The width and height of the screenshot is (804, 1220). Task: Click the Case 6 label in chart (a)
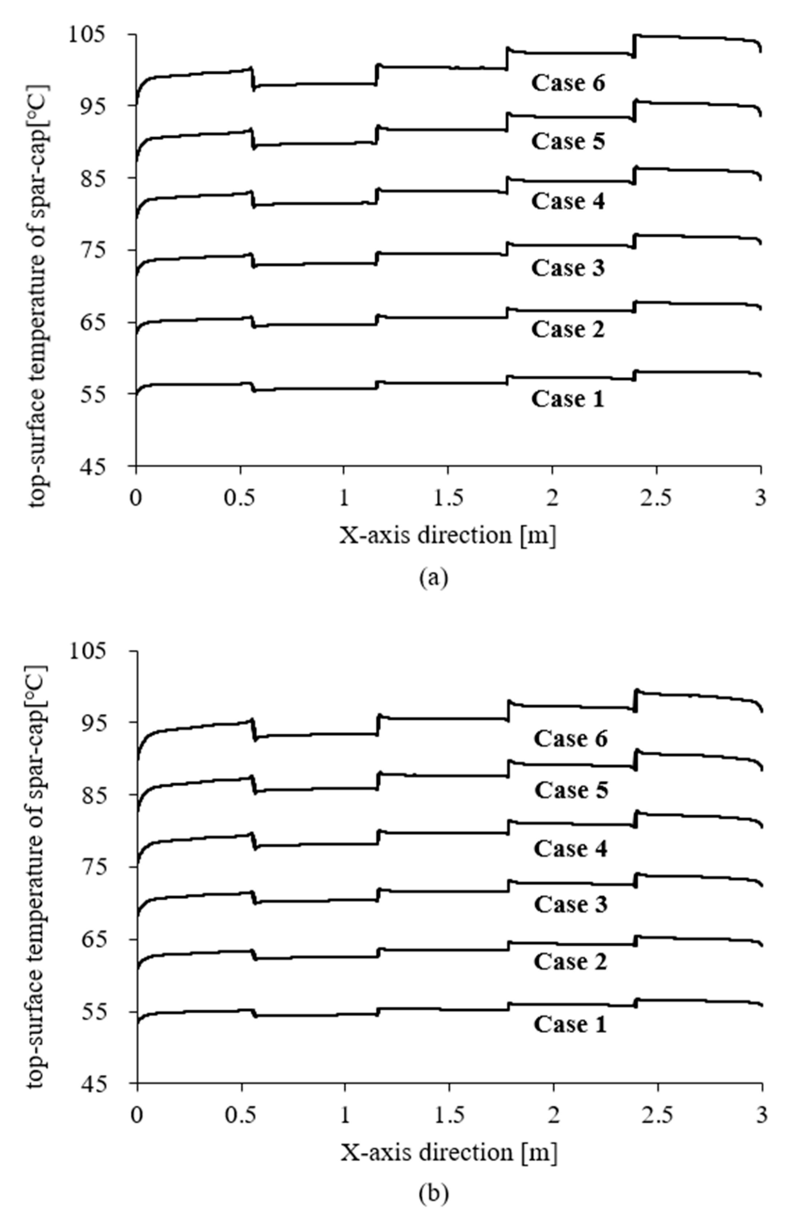(568, 83)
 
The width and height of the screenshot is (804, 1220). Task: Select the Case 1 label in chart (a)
(568, 399)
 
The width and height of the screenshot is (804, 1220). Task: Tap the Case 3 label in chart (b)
(570, 904)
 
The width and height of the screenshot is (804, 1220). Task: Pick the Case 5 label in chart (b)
(571, 790)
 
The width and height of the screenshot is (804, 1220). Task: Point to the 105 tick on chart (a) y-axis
(101, 34)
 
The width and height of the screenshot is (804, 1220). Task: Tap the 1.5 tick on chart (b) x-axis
(449, 1115)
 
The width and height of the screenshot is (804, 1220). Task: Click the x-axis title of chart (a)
(448, 536)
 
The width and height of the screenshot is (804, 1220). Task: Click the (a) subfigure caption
(434, 578)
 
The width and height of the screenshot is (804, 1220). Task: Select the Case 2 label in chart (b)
(570, 961)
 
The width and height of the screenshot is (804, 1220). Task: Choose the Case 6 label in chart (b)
(570, 738)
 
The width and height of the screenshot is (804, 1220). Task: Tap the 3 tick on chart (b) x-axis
(762, 1115)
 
